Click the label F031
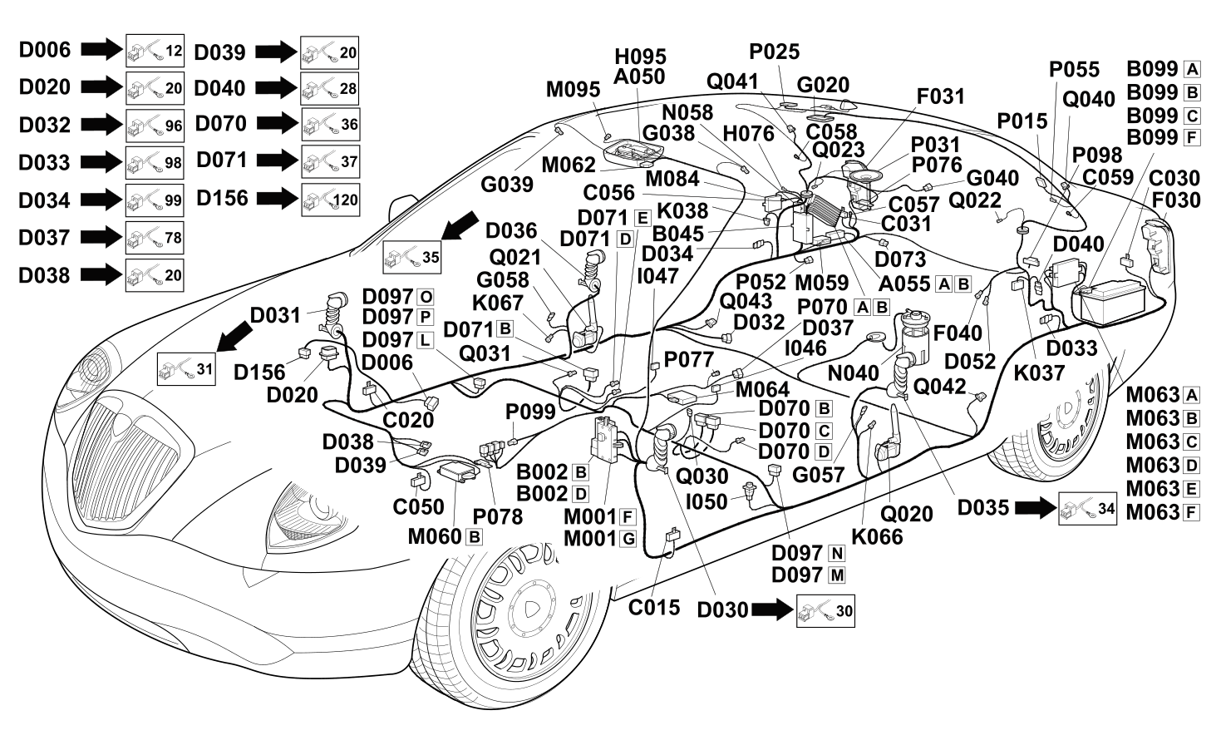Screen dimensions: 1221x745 pyautogui.click(x=941, y=96)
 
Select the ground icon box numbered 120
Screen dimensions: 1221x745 pyautogui.click(x=330, y=200)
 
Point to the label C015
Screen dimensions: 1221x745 pyautogui.click(x=654, y=608)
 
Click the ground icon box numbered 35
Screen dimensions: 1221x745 pyautogui.click(x=412, y=257)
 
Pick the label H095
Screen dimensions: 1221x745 pyautogui.click(x=641, y=57)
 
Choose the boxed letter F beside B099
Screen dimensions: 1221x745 pyautogui.click(x=1192, y=138)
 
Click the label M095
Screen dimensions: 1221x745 pyautogui.click(x=573, y=90)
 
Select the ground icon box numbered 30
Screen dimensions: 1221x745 pyautogui.click(x=825, y=611)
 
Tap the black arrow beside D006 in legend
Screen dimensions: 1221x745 pyautogui.click(x=102, y=49)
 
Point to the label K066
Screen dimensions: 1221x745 pyautogui.click(x=877, y=536)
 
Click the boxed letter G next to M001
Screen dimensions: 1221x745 pyautogui.click(x=628, y=539)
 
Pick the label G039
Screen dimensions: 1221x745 pyautogui.click(x=507, y=185)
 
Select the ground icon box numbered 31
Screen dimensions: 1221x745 pyautogui.click(x=186, y=369)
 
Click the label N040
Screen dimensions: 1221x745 pyautogui.click(x=853, y=373)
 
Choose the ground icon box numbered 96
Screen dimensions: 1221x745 pyautogui.click(x=155, y=126)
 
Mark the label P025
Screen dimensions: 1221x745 pyautogui.click(x=775, y=52)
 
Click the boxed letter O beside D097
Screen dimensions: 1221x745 pyautogui.click(x=426, y=297)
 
